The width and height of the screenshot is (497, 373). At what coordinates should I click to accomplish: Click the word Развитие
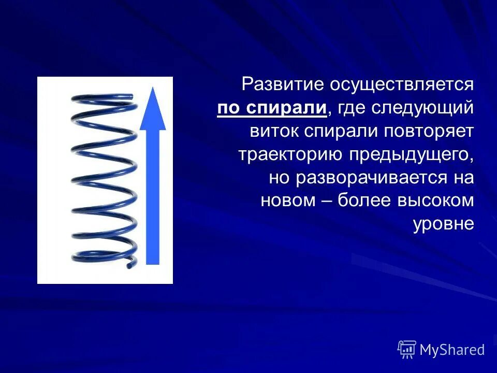[x=273, y=85]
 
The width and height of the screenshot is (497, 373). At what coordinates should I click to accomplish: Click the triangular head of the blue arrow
[x=153, y=109]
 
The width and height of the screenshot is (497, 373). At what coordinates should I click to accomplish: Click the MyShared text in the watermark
[x=452, y=350]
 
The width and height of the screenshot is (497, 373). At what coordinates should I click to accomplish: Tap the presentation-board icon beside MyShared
[x=407, y=350]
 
